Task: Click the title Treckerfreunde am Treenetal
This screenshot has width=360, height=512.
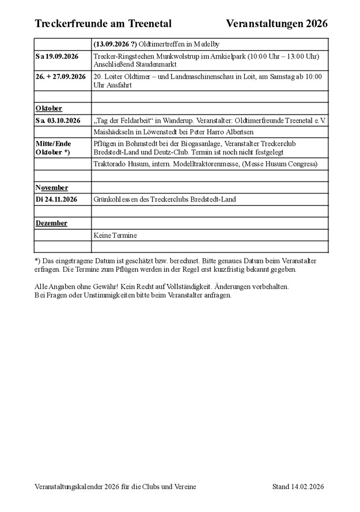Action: [103, 24]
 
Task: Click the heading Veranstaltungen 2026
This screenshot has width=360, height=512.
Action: [277, 24]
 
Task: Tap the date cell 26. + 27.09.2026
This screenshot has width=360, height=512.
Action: [60, 77]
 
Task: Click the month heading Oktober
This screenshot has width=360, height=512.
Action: [49, 108]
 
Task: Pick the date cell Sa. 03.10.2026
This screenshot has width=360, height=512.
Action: [58, 120]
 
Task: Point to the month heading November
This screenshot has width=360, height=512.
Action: [52, 188]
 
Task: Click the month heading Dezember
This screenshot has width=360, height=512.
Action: [51, 223]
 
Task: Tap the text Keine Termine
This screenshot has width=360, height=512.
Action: [115, 235]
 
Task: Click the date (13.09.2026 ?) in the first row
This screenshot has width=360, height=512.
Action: [115, 44]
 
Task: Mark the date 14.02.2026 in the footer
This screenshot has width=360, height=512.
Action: [308, 487]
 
